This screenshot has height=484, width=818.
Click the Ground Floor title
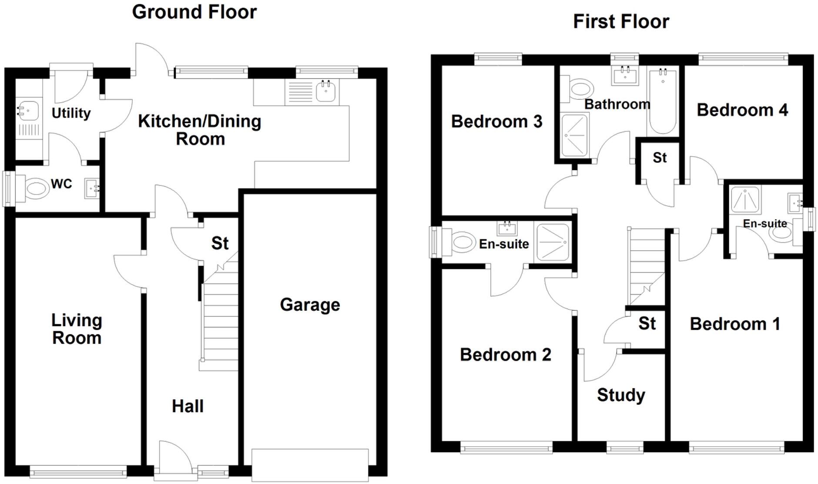(x=194, y=12)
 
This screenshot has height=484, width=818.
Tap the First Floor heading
(x=620, y=21)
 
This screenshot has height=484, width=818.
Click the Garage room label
(x=310, y=305)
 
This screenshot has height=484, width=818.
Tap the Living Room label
(x=77, y=329)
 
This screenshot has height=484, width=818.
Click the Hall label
(x=188, y=406)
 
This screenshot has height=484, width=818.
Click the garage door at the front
(x=310, y=465)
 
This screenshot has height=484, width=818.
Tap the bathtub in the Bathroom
(x=662, y=102)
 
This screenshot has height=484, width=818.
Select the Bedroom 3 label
(x=496, y=121)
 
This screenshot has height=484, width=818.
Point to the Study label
(x=620, y=395)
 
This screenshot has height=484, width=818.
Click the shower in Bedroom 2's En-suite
(x=553, y=242)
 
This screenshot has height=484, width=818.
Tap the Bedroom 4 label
(x=742, y=110)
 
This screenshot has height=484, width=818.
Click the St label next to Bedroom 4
(x=660, y=158)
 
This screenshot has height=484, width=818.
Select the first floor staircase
(x=647, y=268)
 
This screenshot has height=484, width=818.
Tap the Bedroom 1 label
(x=734, y=324)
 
